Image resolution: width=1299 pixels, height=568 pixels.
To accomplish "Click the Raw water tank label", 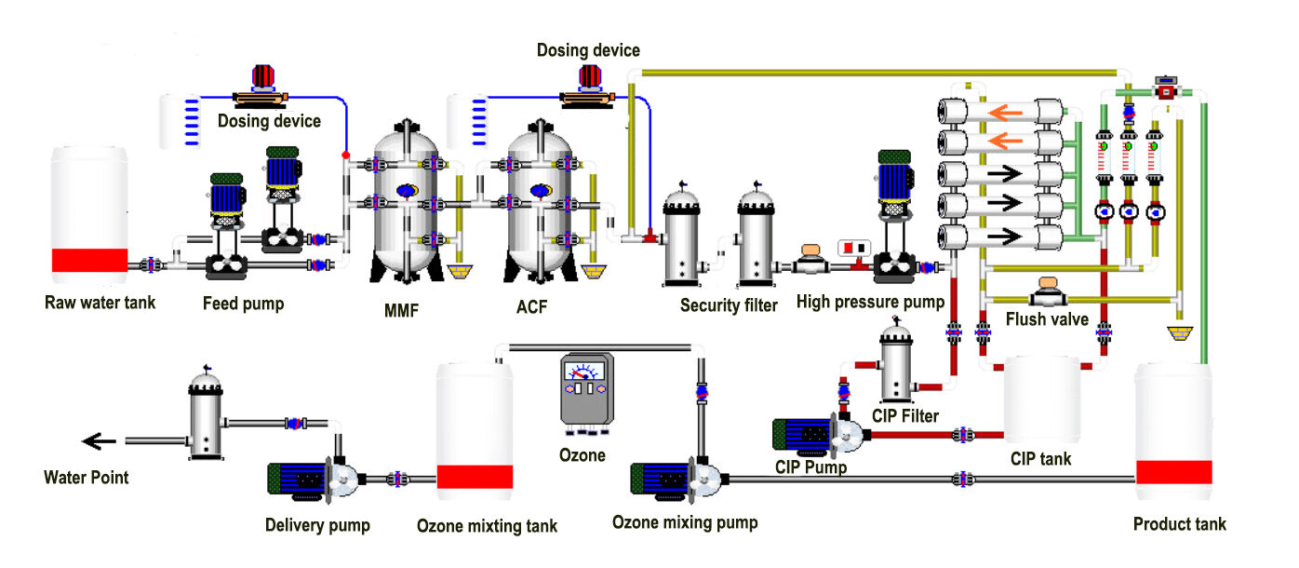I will point(100,303).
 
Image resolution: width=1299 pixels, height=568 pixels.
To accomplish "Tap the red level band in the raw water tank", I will point(89,261).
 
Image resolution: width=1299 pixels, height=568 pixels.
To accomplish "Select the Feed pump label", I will point(243,304).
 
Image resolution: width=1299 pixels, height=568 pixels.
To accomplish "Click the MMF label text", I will point(401,308).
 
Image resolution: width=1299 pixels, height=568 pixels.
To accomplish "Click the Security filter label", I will point(729,305).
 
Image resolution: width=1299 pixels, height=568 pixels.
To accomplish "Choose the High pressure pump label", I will point(870,302).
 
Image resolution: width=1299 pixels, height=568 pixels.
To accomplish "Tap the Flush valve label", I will point(1047,319).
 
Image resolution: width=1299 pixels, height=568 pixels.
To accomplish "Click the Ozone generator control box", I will point(583,391).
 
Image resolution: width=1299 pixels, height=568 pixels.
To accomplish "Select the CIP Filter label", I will point(905,415).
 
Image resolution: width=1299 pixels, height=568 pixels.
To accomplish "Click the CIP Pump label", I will point(810,467).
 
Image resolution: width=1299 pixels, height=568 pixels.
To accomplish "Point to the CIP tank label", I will point(1040,459).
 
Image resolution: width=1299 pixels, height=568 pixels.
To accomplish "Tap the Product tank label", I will point(1179,524).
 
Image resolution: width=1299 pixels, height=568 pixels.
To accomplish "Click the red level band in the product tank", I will point(1173,471).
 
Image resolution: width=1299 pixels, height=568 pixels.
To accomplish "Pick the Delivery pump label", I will point(317,525).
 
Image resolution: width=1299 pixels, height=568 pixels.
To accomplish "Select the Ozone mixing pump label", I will point(685,522).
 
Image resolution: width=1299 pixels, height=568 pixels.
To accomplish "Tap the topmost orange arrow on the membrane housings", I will point(1005,114).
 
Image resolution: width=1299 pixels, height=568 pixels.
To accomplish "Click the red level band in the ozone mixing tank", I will point(475,476).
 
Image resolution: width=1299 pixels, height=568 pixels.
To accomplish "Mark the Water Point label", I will point(87,478).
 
